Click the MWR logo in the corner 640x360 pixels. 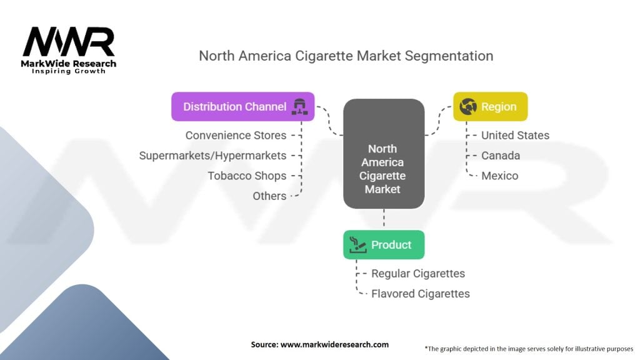pos(69,44)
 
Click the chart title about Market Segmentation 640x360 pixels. pos(346,56)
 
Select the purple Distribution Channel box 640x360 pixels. pos(242,107)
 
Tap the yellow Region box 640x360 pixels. pos(490,107)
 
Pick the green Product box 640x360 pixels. pos(384,244)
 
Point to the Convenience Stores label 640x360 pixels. pos(236,136)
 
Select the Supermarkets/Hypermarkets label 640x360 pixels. pos(212,156)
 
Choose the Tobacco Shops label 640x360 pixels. pos(247,176)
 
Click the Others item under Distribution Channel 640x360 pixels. pos(269,196)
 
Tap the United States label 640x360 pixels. pos(515,136)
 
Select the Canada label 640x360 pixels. pos(500,156)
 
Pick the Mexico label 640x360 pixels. pos(499,176)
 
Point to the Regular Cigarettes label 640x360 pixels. pos(418,273)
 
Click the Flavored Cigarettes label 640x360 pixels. pos(420,293)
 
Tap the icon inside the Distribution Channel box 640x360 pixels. pos(298,107)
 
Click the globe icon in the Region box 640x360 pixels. pos(467,107)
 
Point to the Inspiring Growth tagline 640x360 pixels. pos(69,71)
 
